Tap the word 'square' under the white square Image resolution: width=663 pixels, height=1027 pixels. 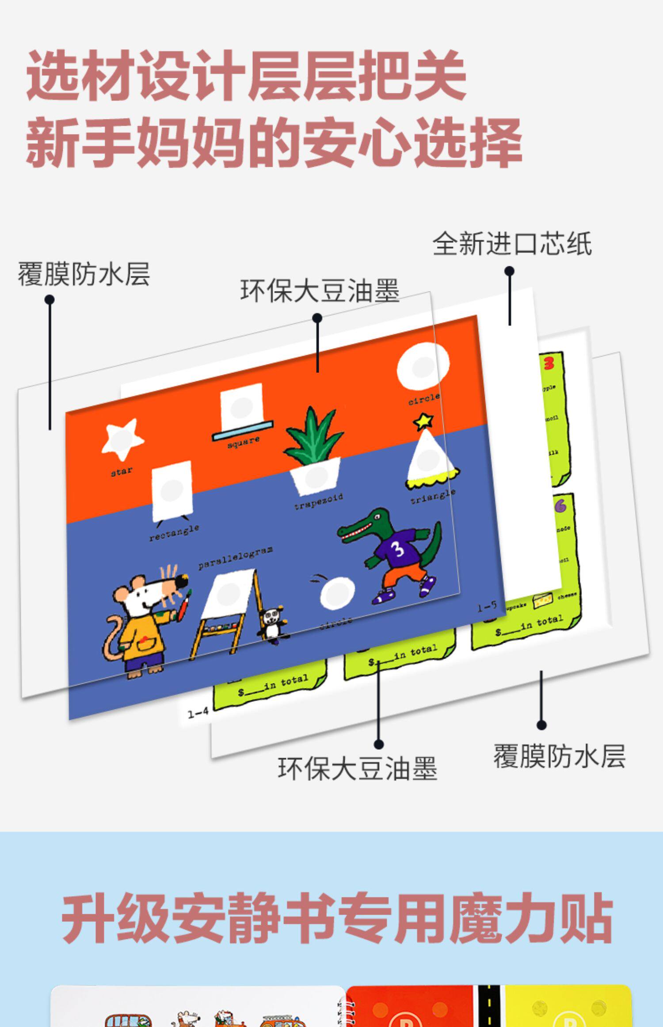243,442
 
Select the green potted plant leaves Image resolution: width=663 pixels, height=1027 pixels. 313,436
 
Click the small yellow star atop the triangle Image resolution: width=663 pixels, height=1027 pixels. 423,420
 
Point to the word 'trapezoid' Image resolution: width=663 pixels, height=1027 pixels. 319,502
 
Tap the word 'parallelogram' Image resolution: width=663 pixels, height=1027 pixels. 235,557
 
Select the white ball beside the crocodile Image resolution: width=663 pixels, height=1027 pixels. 337,593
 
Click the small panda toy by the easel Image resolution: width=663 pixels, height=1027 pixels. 273,624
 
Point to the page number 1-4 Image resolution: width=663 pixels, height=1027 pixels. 198,713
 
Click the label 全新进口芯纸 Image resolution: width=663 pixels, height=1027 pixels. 512,244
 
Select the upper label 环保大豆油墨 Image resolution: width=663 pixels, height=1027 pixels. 320,291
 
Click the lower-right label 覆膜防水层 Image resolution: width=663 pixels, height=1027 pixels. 559,756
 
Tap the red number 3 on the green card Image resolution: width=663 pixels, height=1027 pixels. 549,364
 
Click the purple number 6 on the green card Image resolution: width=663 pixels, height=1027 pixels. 560,506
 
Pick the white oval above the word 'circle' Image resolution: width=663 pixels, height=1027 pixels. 423,367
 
